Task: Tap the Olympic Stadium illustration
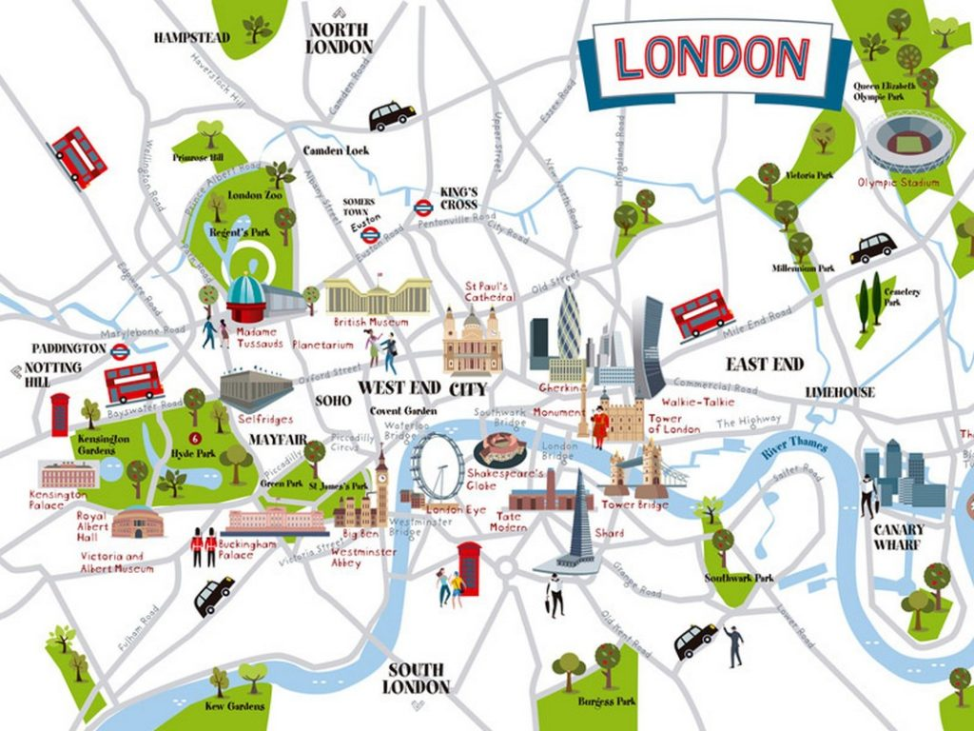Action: click(x=901, y=144)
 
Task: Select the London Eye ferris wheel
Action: click(x=438, y=466)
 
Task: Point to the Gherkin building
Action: click(x=569, y=328)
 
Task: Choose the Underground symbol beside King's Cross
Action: click(x=424, y=207)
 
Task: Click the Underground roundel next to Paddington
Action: click(x=120, y=351)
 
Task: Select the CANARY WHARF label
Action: click(x=899, y=537)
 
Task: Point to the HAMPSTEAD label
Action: click(x=192, y=38)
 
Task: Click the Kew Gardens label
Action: click(x=234, y=706)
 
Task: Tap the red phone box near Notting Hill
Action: click(x=60, y=414)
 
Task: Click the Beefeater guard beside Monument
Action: click(x=599, y=426)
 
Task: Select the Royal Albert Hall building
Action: click(x=131, y=523)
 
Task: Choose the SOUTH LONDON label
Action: click(x=417, y=677)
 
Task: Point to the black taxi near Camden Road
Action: click(x=392, y=115)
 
